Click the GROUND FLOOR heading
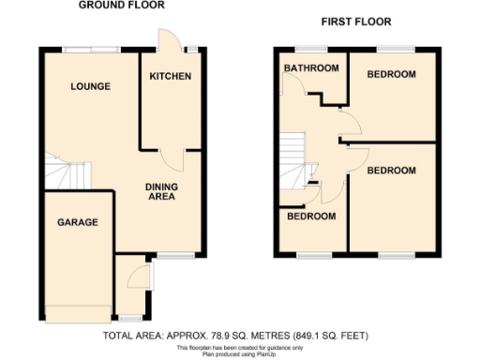tap(121, 5)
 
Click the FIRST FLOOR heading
tap(355, 22)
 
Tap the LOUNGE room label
tap(91, 86)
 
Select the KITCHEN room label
tap(171, 76)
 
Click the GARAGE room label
tap(77, 222)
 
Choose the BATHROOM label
tap(311, 68)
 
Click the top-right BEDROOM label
tap(391, 75)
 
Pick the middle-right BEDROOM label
tap(391, 170)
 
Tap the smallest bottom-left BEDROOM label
tap(311, 217)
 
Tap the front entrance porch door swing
tap(137, 277)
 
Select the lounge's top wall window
tap(91, 47)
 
